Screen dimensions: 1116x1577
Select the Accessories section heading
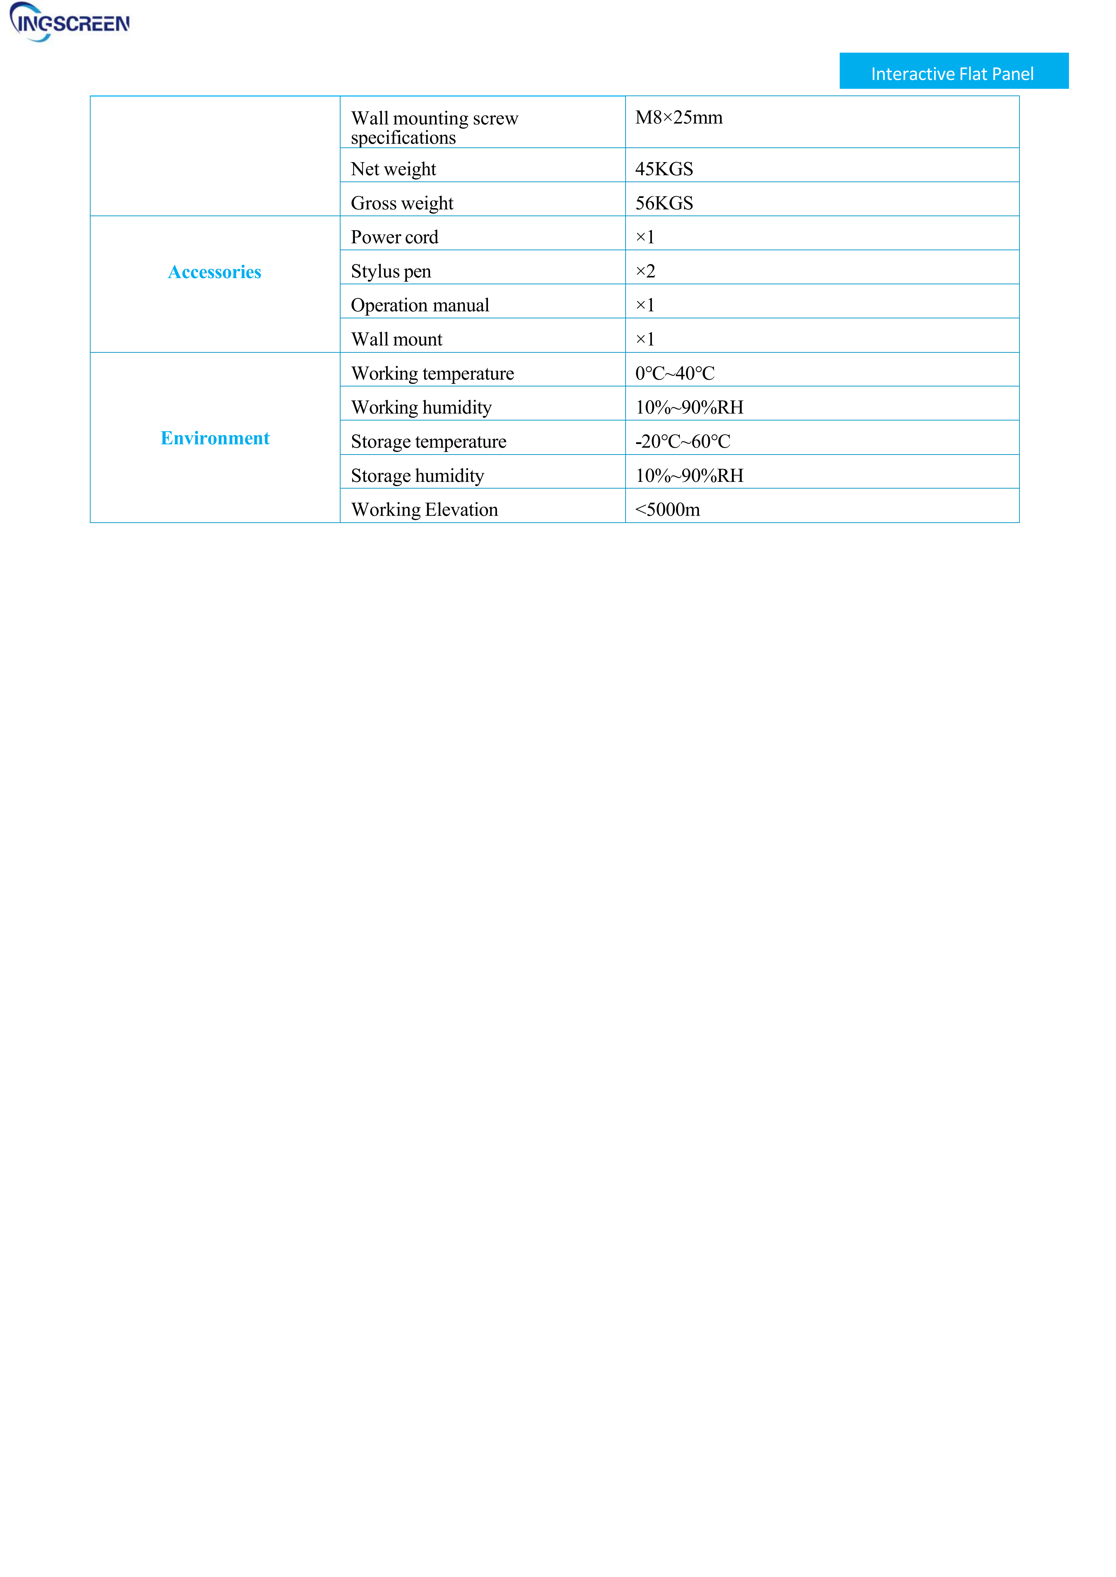click(x=214, y=272)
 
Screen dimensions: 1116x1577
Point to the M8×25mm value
click(x=678, y=118)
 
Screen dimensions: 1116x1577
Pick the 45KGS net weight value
click(x=664, y=169)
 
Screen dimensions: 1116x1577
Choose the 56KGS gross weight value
click(x=664, y=203)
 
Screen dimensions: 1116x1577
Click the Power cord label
click(x=395, y=237)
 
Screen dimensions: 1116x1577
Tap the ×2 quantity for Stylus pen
click(x=645, y=271)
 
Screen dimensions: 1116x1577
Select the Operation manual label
click(x=420, y=305)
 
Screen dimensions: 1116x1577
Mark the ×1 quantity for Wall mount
click(x=645, y=339)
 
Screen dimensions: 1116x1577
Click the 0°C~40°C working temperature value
click(x=675, y=373)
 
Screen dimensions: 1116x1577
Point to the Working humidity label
click(x=421, y=407)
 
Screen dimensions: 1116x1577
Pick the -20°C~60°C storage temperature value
click(x=682, y=441)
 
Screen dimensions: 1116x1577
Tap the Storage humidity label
click(x=417, y=476)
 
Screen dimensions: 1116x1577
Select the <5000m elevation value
click(x=667, y=510)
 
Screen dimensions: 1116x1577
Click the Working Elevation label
click(x=424, y=510)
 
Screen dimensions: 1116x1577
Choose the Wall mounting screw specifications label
click(x=434, y=128)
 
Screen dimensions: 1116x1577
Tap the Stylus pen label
click(x=391, y=271)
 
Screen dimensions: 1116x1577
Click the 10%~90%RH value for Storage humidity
click(x=689, y=476)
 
